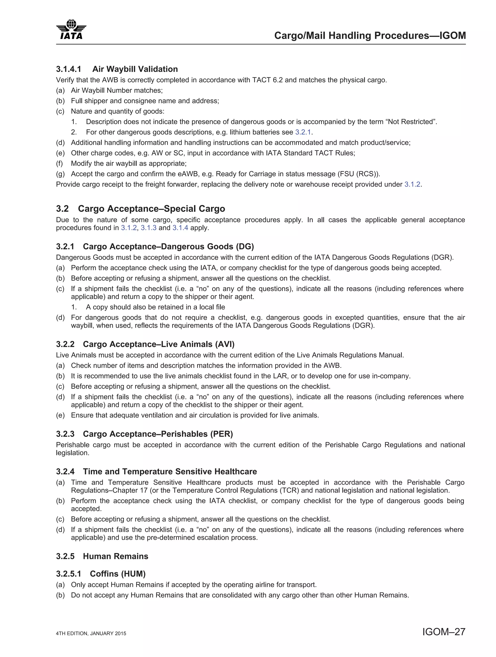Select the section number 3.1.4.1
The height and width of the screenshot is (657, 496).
pyautogui.click(x=68, y=69)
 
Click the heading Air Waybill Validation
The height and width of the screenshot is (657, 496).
pyautogui.click(x=135, y=69)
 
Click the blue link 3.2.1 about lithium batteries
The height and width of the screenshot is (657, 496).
pyautogui.click(x=303, y=132)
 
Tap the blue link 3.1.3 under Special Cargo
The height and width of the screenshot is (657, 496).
pyautogui.click(x=148, y=228)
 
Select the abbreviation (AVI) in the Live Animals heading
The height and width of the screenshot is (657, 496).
pyautogui.click(x=225, y=344)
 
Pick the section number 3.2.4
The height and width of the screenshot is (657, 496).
pyautogui.click(x=65, y=472)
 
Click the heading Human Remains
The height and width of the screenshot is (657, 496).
pyautogui.click(x=116, y=556)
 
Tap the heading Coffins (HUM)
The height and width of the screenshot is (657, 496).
pyautogui.click(x=118, y=574)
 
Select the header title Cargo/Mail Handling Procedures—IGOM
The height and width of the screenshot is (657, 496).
pyautogui.click(x=370, y=36)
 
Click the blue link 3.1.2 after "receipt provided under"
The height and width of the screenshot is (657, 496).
pyautogui.click(x=412, y=185)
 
